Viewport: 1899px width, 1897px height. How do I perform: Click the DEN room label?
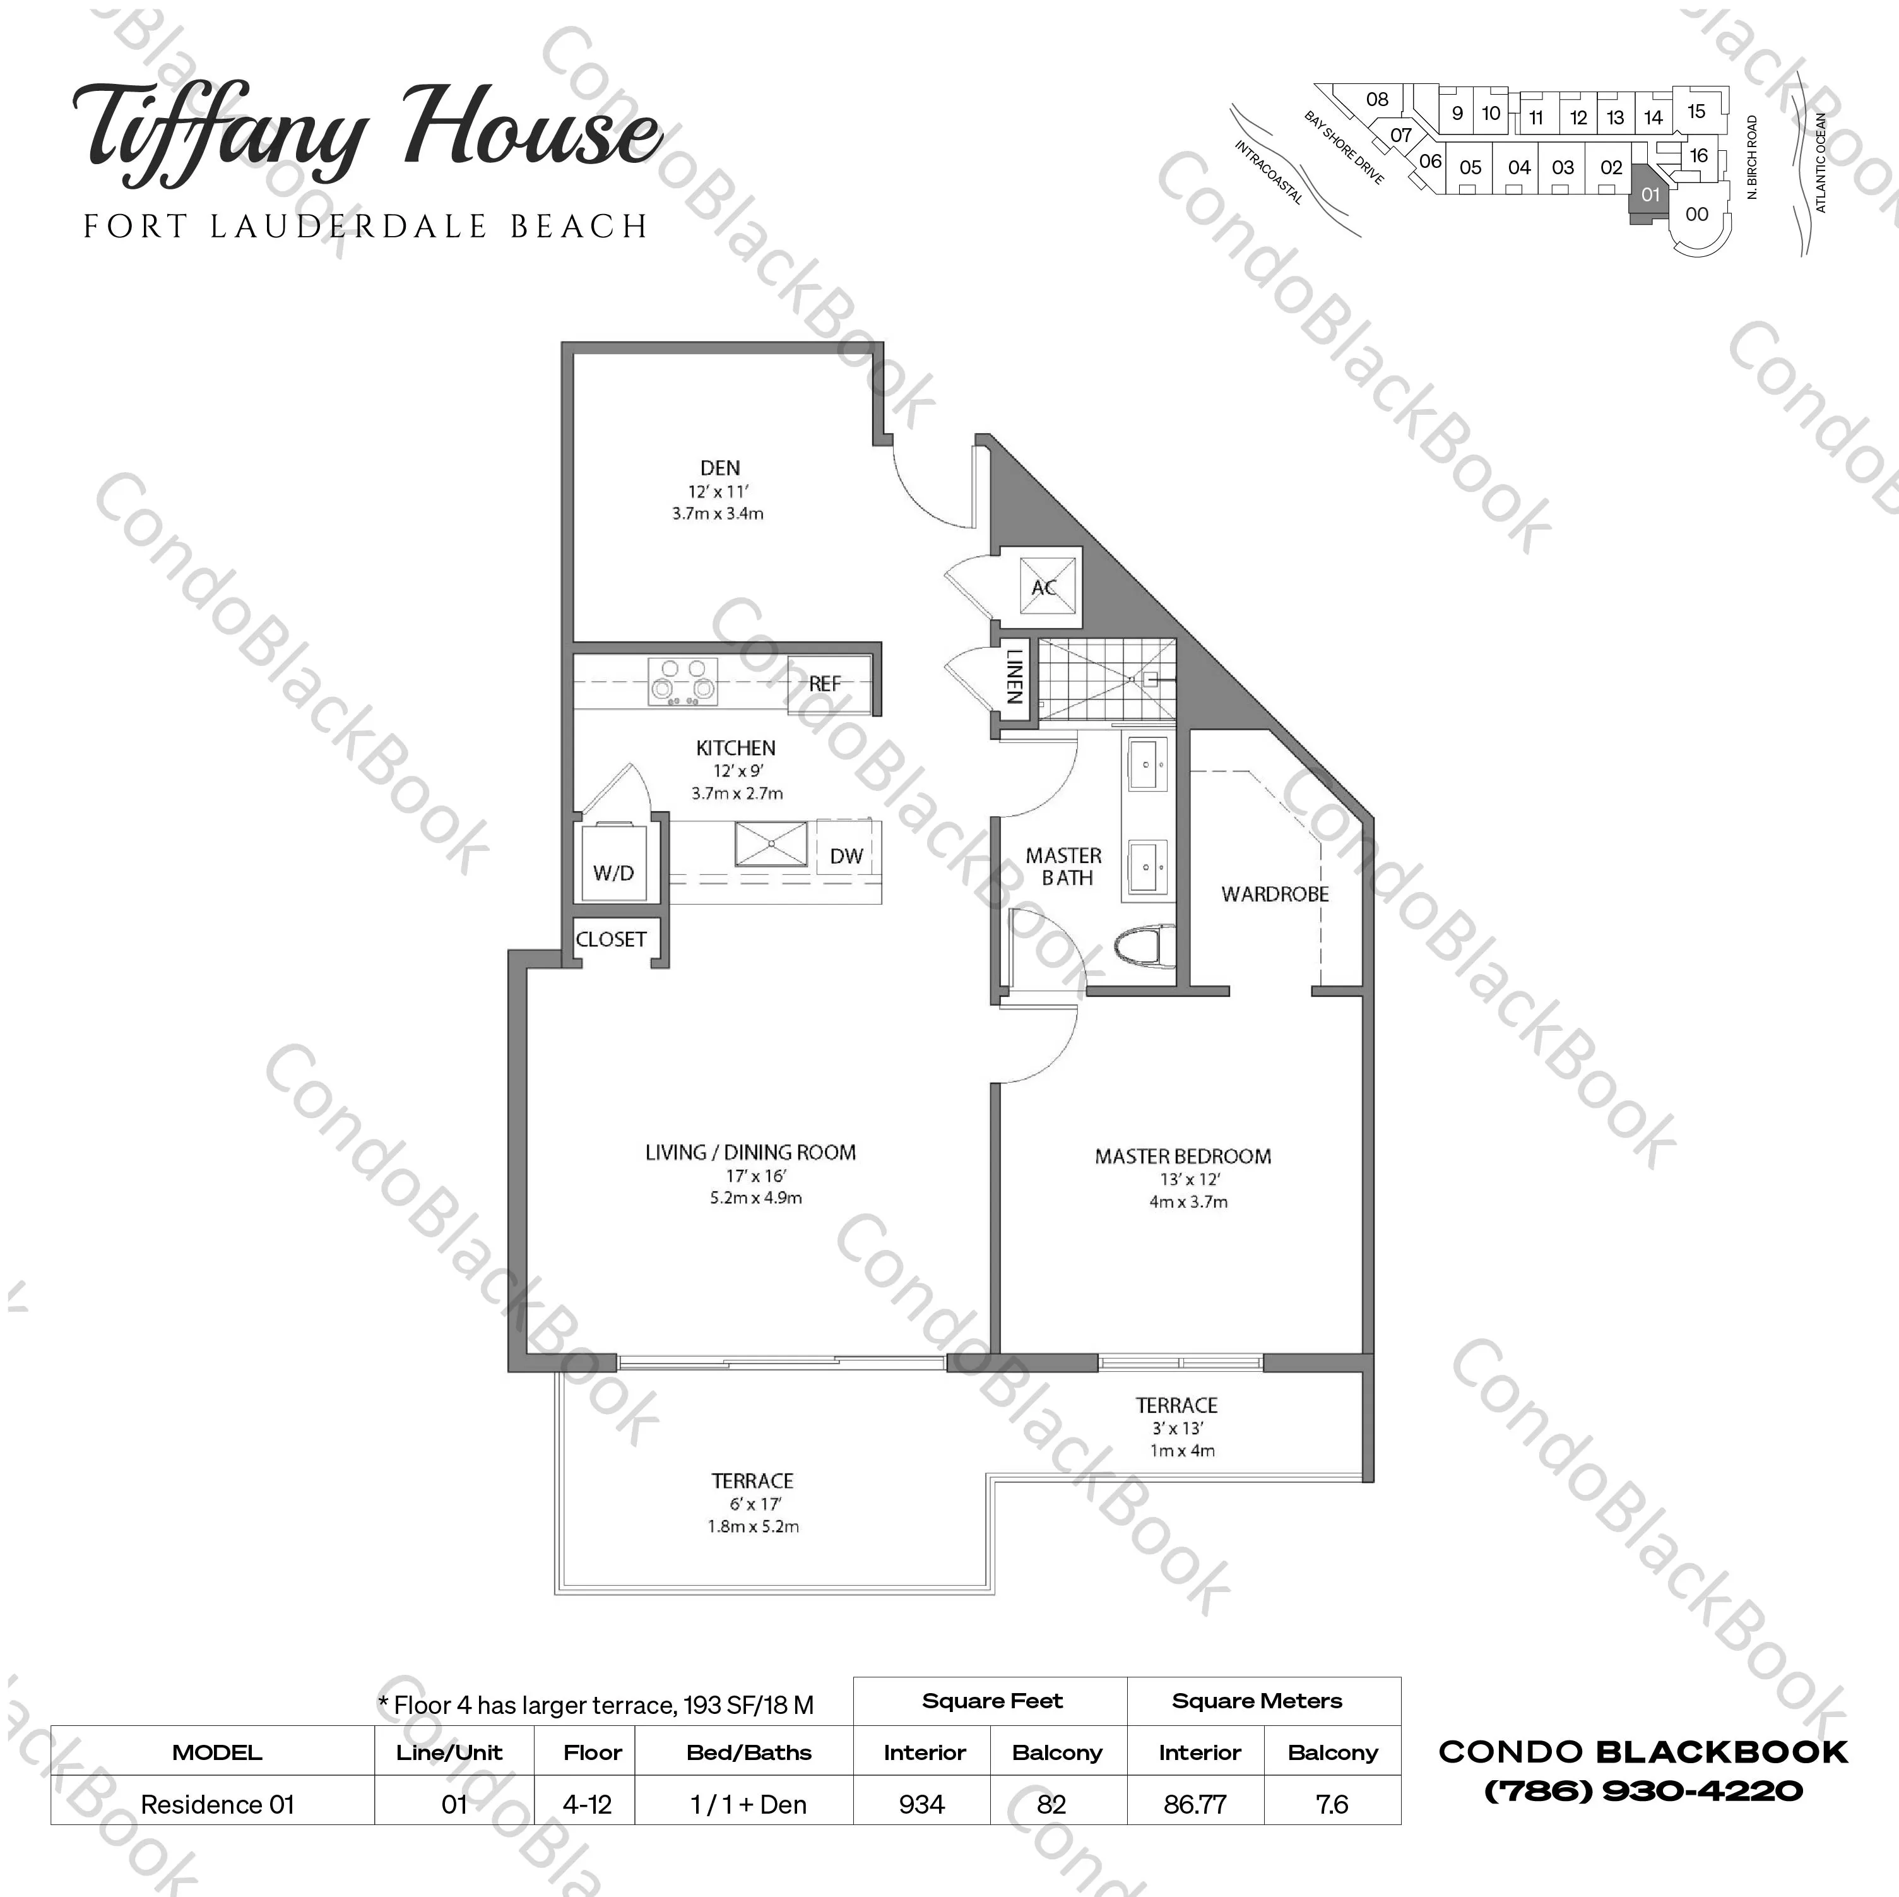(719, 469)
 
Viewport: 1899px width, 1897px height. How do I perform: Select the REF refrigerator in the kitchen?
(825, 682)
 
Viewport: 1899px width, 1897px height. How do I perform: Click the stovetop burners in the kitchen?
(683, 682)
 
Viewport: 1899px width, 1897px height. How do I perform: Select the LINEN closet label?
(1014, 677)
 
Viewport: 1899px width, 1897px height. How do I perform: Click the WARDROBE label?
(1275, 894)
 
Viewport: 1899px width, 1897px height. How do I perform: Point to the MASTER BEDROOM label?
(1183, 1157)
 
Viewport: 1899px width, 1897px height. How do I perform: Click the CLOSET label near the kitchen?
(612, 939)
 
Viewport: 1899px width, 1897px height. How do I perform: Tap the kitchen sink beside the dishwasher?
(772, 845)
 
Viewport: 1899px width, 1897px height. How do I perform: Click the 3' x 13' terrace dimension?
(1178, 1428)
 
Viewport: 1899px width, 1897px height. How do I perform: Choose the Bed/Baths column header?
(749, 1752)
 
